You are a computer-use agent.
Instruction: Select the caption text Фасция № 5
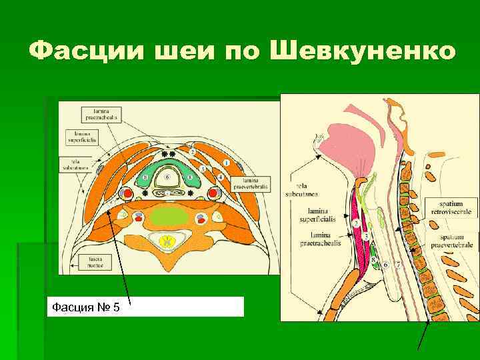click(x=86, y=307)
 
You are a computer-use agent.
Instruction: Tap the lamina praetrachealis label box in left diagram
click(x=101, y=113)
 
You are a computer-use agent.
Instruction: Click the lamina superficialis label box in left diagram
click(x=81, y=137)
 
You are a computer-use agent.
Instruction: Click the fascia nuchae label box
click(x=91, y=261)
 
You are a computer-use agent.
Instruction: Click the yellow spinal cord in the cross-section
click(x=168, y=239)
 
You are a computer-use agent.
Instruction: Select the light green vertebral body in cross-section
click(x=168, y=217)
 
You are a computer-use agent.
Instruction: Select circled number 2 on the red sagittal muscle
click(x=357, y=221)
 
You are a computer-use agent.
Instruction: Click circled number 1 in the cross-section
click(x=227, y=163)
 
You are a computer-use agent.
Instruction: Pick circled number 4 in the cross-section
click(x=220, y=177)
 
